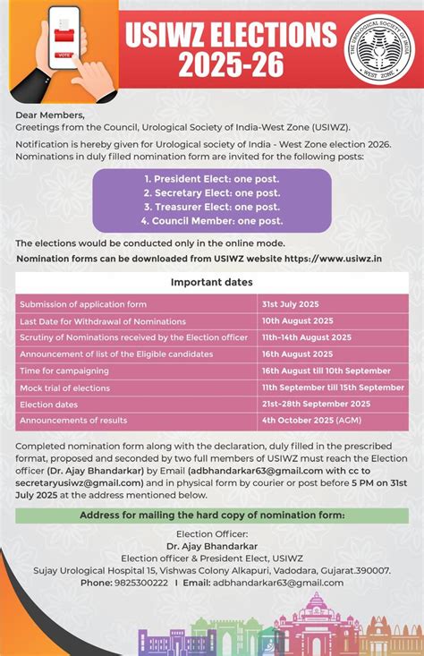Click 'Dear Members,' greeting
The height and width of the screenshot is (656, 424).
[50, 115]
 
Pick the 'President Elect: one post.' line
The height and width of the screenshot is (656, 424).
[211, 178]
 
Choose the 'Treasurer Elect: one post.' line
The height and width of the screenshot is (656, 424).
[211, 207]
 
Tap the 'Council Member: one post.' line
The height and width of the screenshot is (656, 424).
[211, 221]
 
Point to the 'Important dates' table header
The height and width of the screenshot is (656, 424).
[211, 283]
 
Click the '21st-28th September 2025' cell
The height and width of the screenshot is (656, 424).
[316, 404]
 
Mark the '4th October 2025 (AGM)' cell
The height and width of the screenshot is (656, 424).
[311, 420]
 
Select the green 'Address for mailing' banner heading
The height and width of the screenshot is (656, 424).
[212, 515]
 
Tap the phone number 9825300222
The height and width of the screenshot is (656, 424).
[136, 583]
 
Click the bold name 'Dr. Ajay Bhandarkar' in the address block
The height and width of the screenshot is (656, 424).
[212, 545]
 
